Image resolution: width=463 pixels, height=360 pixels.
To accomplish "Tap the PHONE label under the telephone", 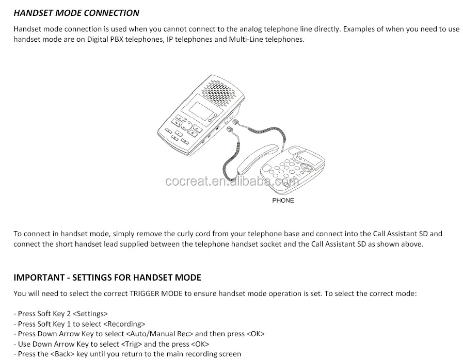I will click(283, 200).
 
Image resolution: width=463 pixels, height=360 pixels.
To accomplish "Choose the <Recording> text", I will click(124, 324).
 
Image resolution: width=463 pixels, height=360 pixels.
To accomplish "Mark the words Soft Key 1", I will click(54, 324).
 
